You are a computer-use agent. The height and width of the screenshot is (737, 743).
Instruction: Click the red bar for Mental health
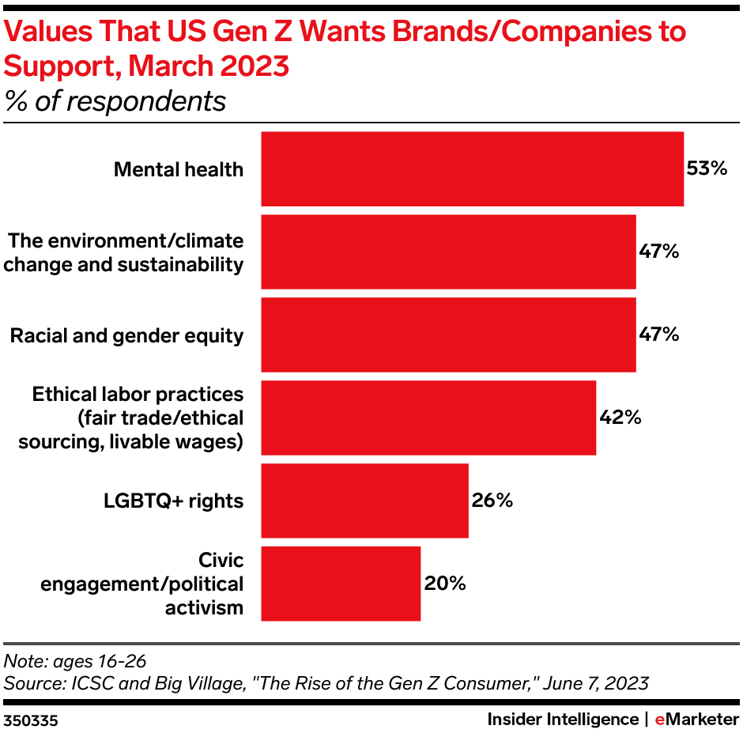point(472,169)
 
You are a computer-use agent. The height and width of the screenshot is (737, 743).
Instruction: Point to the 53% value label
point(706,168)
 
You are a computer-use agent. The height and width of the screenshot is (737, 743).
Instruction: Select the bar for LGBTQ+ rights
point(364,501)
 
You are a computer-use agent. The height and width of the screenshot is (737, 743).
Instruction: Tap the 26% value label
point(492,501)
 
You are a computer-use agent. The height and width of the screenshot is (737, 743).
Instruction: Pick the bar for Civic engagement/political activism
point(341,584)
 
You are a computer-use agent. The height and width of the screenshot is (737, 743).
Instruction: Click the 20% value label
point(444,584)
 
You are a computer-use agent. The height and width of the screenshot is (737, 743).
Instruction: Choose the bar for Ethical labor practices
point(428,418)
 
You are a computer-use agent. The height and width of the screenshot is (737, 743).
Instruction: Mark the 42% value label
point(619,418)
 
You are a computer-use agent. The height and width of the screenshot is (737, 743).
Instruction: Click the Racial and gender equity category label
point(126,335)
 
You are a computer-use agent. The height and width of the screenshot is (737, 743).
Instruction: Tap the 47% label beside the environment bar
point(658,251)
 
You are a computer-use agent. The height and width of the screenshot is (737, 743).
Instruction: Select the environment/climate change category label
point(124,251)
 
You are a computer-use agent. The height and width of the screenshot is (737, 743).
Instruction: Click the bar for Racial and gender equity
point(448,334)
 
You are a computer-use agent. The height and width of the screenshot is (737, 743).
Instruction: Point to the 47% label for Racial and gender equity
point(658,334)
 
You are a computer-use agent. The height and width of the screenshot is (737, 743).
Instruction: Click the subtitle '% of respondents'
point(115,101)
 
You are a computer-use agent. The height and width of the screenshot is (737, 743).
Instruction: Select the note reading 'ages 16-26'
point(76,660)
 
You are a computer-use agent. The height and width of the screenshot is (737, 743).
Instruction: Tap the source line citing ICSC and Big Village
point(326,682)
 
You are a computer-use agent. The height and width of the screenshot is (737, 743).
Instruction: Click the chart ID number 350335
point(31,720)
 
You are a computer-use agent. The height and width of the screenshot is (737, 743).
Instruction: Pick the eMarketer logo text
point(695,720)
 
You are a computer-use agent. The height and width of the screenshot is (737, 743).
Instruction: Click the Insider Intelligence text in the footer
point(562,720)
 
